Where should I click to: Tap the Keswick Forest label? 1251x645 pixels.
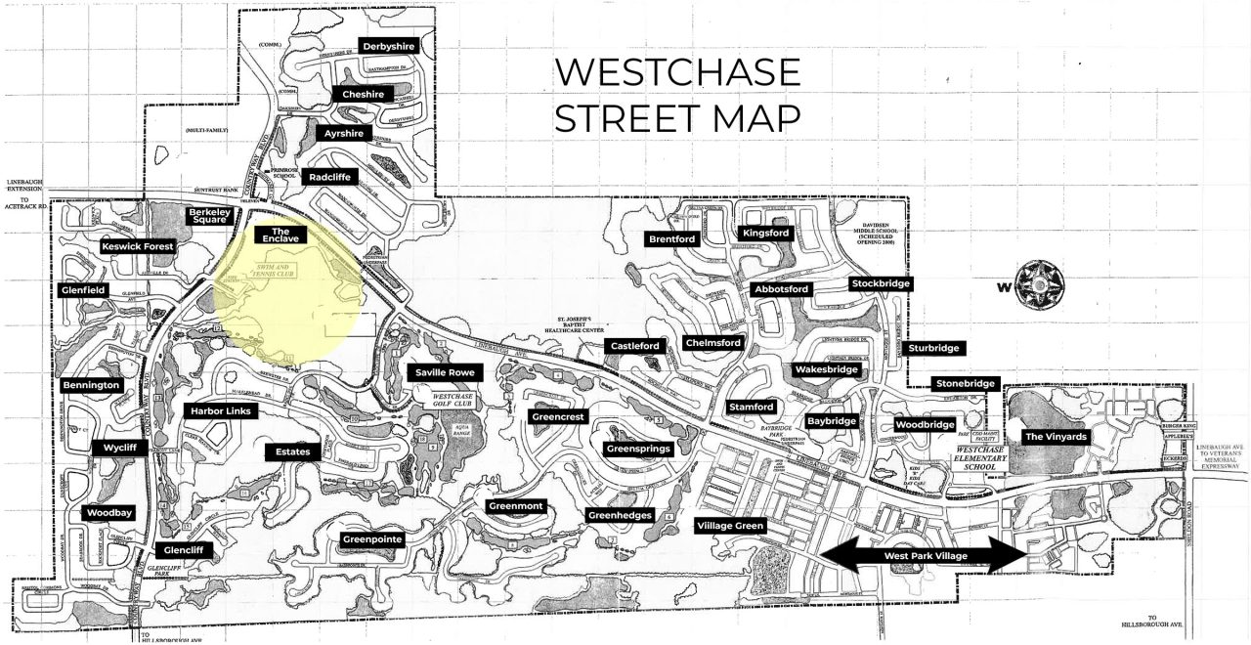click(x=138, y=247)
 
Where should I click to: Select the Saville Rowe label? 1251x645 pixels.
click(x=445, y=372)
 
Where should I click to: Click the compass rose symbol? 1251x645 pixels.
click(x=1039, y=286)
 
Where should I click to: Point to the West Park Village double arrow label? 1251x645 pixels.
click(x=925, y=555)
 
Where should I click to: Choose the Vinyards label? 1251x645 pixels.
click(x=1056, y=437)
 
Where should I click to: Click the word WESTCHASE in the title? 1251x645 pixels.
click(x=677, y=72)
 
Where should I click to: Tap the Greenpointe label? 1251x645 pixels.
click(x=372, y=539)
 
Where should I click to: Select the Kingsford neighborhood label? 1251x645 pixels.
click(x=765, y=234)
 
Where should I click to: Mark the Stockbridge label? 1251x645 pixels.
click(x=881, y=284)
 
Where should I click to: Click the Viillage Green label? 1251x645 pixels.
click(x=729, y=526)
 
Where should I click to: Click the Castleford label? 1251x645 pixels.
click(x=635, y=347)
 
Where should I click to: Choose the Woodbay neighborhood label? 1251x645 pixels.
click(x=108, y=513)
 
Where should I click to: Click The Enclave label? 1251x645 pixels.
click(x=280, y=235)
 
